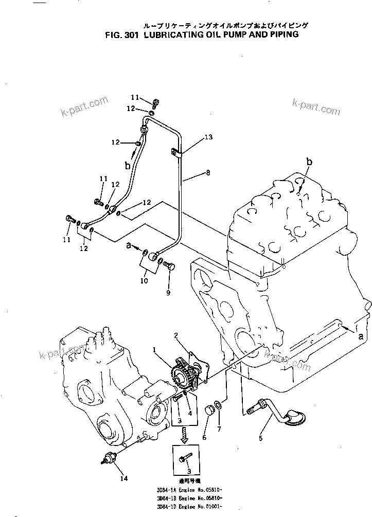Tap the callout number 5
[260, 438]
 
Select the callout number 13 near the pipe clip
[208, 137]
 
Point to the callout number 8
[207, 173]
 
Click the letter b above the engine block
[309, 162]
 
